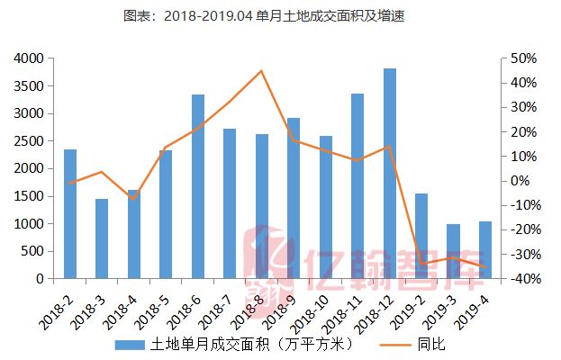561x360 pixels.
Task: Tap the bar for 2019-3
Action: pyautogui.click(x=453, y=251)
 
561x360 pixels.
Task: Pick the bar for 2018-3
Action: pyautogui.click(x=102, y=238)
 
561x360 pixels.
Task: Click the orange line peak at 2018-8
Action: pyautogui.click(x=261, y=71)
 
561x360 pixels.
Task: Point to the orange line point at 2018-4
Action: pyautogui.click(x=133, y=198)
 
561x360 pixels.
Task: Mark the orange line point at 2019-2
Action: pyautogui.click(x=421, y=265)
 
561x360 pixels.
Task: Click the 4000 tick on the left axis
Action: pyautogui.click(x=28, y=58)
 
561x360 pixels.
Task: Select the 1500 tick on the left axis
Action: pyautogui.click(x=28, y=196)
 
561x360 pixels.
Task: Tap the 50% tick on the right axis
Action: pyautogui.click(x=523, y=58)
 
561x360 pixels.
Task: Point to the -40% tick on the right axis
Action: pyautogui.click(x=521, y=279)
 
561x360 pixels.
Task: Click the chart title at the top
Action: pyautogui.click(x=280, y=16)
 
